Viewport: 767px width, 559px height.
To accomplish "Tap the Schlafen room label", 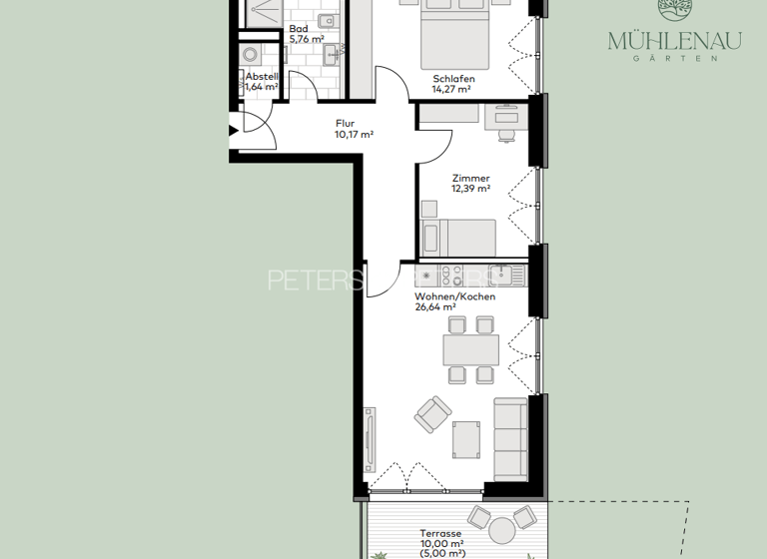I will point(453,79).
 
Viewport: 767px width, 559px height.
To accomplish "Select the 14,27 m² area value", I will point(451,89).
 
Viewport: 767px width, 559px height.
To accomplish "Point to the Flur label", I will point(346,124).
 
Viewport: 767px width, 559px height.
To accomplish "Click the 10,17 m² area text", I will point(354,135).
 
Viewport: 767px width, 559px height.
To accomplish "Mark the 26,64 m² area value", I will point(435,307).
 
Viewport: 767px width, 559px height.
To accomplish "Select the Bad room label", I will point(299,29).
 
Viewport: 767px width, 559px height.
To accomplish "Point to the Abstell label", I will point(262,76).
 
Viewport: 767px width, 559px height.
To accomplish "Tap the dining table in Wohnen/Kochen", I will point(470,349).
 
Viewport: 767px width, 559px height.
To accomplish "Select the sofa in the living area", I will point(510,437).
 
